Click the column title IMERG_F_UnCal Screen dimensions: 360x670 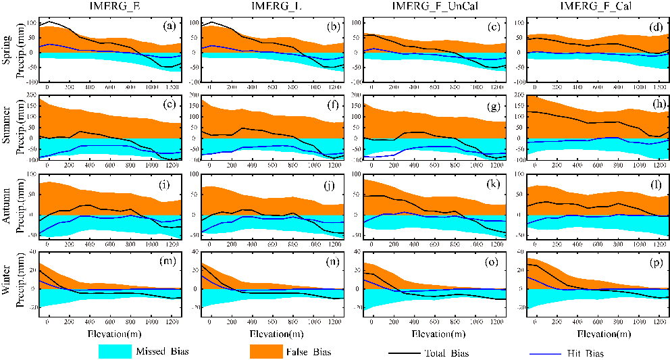pos(430,6)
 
